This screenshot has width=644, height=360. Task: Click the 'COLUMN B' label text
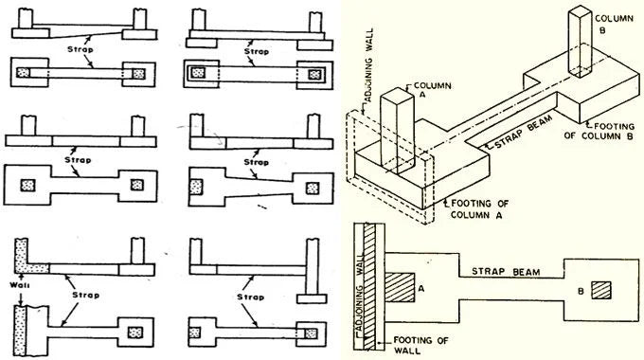(608, 22)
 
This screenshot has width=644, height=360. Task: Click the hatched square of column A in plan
(402, 285)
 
